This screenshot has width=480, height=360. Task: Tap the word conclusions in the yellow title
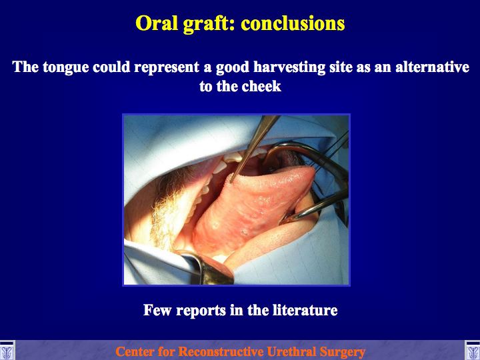293,23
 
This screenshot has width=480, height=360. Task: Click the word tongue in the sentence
66,67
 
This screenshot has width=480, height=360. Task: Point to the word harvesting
289,67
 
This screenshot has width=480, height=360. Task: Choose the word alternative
432,67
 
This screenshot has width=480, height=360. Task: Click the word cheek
261,86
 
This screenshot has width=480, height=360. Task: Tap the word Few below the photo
157,310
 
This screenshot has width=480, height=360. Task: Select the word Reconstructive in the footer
221,351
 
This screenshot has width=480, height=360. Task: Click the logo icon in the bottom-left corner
7,351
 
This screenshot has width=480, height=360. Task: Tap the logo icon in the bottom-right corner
473,351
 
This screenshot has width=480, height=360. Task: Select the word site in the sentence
341,67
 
